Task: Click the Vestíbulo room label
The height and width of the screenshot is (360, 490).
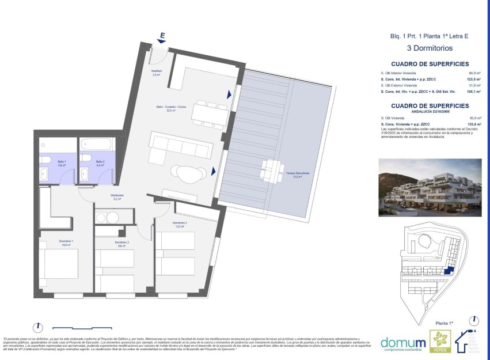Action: tap(157, 73)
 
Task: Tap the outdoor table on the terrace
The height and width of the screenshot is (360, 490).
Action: tap(271, 170)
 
